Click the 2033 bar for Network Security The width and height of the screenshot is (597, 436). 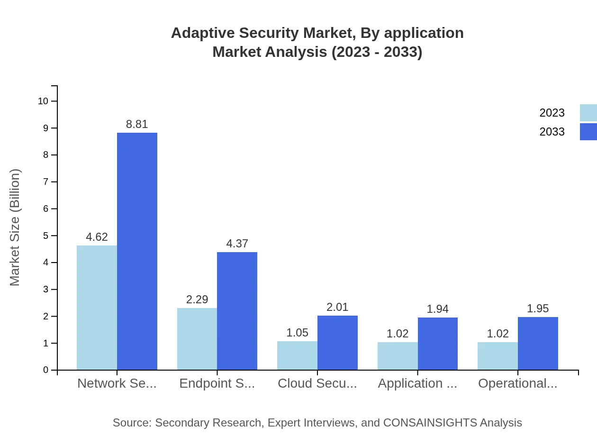[137, 251]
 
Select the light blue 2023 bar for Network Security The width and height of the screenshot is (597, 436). [97, 308]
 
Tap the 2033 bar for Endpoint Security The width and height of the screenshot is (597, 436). [237, 311]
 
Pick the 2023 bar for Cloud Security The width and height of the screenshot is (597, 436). [297, 355]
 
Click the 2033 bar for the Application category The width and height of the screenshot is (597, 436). [437, 344]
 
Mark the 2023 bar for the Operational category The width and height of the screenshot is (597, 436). [497, 356]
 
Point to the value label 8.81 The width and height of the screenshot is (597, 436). [137, 124]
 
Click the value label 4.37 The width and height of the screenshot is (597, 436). [237, 244]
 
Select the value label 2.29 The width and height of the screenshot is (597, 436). [197, 300]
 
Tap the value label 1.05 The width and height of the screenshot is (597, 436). [297, 333]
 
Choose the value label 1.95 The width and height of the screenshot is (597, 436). [538, 309]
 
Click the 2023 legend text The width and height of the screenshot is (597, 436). [552, 113]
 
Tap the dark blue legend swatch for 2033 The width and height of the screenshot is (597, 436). [588, 132]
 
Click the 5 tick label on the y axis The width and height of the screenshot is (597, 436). [46, 236]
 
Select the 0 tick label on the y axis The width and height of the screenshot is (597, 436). [46, 370]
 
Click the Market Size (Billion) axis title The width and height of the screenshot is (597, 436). [15, 227]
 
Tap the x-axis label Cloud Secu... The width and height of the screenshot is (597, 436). [317, 383]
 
